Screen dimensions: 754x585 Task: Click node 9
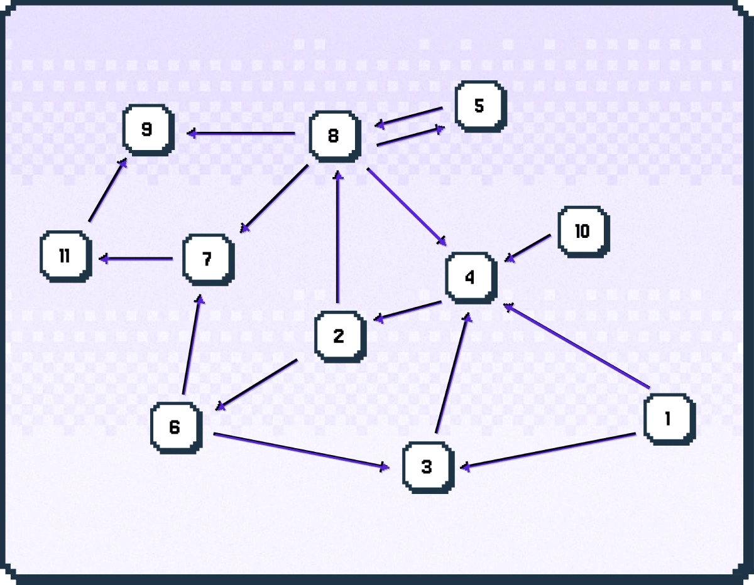(148, 130)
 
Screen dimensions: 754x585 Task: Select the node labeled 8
(335, 137)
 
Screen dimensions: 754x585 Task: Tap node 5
(481, 107)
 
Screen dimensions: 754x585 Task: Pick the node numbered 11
(66, 257)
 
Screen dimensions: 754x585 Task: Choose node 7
(208, 260)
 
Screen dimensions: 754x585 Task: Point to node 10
(584, 232)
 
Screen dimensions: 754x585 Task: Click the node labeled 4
(471, 278)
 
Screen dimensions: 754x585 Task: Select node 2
(341, 336)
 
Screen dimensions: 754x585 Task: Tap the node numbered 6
(177, 427)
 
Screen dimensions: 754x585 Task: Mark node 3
(428, 467)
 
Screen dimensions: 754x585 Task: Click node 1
(669, 419)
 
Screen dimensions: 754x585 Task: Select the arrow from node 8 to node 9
(241, 133)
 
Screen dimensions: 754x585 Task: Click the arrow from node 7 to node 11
(136, 259)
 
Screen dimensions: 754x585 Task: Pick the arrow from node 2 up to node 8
(338, 237)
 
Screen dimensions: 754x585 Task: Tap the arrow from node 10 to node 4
(527, 248)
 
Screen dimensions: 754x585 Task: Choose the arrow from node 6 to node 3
(302, 451)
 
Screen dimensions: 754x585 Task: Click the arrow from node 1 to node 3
(548, 450)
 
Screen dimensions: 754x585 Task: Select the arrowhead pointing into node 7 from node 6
(200, 299)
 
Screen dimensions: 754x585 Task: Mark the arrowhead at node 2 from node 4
(379, 318)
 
